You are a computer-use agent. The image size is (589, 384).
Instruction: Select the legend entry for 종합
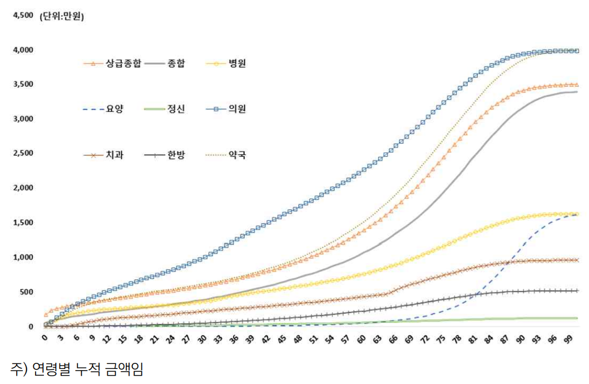(x=176, y=63)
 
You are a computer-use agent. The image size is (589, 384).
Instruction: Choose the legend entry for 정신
(x=176, y=109)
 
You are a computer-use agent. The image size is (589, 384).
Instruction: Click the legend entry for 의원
(x=236, y=109)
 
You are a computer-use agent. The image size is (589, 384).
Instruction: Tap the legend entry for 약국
(x=236, y=154)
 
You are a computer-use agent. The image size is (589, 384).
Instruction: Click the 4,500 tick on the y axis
(x=22, y=16)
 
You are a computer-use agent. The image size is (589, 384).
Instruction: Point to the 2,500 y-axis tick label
(x=22, y=154)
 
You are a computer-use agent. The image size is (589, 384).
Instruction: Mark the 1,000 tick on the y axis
(x=22, y=258)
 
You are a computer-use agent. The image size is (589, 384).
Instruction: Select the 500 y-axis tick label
(x=26, y=292)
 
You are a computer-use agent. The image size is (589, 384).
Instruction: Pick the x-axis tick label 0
(x=44, y=338)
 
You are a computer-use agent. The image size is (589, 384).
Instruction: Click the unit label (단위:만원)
(x=61, y=17)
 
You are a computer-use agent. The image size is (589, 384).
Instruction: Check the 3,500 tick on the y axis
(x=22, y=85)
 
